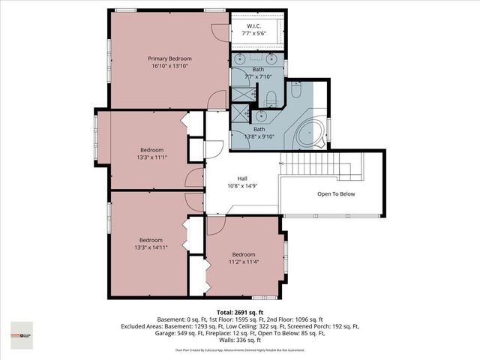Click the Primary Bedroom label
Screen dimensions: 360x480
pos(169,58)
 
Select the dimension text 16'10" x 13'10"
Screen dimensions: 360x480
pos(169,67)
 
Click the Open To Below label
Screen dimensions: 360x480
pos(336,194)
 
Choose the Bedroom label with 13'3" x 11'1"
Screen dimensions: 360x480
pos(151,149)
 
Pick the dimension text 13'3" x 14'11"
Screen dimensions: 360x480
pos(151,247)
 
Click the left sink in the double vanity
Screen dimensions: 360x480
pos(240,57)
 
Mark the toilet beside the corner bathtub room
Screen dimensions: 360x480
pos(295,91)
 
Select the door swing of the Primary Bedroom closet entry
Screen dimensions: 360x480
pos(218,30)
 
